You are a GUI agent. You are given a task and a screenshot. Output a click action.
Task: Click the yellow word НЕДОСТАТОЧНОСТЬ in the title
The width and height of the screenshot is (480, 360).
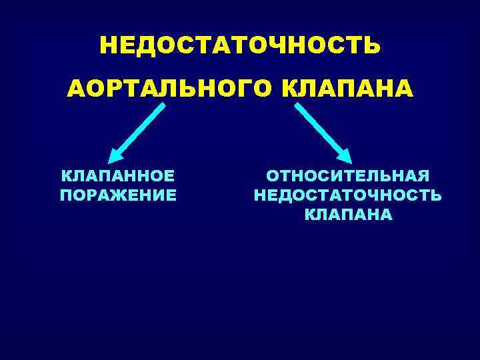(x=240, y=45)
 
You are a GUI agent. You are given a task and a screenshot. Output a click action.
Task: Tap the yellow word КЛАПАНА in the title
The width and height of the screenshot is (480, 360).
(x=347, y=89)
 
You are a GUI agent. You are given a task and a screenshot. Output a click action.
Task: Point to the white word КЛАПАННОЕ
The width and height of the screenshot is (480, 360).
(x=118, y=176)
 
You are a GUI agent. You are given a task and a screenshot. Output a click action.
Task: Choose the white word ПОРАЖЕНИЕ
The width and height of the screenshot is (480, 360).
(x=118, y=195)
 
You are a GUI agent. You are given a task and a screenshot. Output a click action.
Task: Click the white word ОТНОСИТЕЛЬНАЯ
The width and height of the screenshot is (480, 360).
(x=347, y=176)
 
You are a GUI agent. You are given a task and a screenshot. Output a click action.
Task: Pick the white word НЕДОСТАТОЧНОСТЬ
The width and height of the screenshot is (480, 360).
(x=347, y=195)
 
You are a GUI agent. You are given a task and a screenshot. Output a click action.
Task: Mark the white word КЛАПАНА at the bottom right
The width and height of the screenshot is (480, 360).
(x=348, y=215)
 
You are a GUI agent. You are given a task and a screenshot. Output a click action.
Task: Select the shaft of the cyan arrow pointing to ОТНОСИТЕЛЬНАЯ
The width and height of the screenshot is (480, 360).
(x=320, y=130)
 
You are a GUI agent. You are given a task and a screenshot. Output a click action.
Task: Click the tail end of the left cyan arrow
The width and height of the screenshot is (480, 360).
(x=163, y=106)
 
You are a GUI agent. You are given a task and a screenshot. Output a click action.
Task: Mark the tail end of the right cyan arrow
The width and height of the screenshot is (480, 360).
(x=297, y=105)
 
